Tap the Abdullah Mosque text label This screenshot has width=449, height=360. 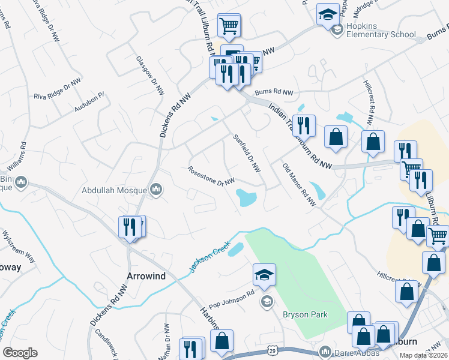click(x=115, y=191)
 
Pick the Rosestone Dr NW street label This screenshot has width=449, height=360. click(x=211, y=175)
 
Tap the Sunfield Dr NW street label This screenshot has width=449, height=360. click(x=247, y=152)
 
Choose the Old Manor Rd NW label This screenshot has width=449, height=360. click(x=299, y=184)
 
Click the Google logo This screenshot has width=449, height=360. click(x=20, y=353)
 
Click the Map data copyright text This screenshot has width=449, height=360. click(x=424, y=355)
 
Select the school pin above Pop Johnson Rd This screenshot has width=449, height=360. click(x=264, y=275)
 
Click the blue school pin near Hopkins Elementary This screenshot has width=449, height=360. click(x=328, y=14)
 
